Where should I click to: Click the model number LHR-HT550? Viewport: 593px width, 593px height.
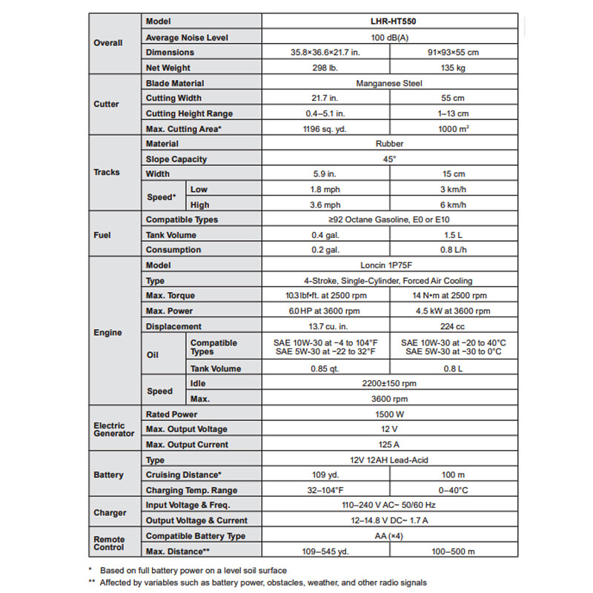[388, 22]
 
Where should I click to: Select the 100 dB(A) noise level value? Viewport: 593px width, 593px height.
[388, 37]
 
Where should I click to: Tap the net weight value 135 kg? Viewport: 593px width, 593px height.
[451, 67]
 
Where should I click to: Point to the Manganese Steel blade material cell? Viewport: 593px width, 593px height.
[388, 84]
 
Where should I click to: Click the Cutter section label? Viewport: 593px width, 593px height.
[106, 105]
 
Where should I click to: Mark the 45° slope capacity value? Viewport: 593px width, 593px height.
[388, 159]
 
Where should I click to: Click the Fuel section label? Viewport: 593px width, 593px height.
[102, 234]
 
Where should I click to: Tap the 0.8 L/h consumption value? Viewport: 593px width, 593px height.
[451, 250]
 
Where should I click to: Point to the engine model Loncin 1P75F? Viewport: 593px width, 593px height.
[388, 265]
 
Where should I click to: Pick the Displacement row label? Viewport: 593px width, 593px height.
[173, 326]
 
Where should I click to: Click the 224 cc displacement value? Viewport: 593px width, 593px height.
[451, 326]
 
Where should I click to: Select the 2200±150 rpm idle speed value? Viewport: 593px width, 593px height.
[388, 383]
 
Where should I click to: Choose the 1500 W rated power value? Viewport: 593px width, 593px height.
[388, 414]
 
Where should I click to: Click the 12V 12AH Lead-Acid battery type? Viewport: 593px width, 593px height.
[388, 460]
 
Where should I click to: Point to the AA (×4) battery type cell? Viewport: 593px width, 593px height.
[388, 536]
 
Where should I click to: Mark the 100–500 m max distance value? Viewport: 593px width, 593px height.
[451, 551]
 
